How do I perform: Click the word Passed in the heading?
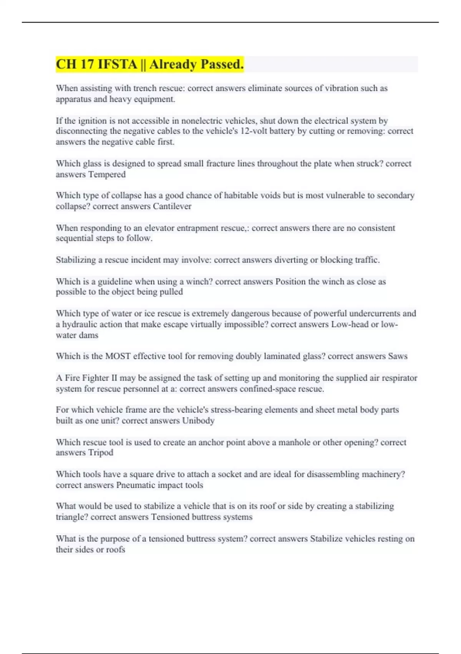pos(219,64)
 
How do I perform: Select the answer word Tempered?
pos(107,174)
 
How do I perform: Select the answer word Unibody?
pos(198,420)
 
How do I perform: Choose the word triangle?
pos(72,517)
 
